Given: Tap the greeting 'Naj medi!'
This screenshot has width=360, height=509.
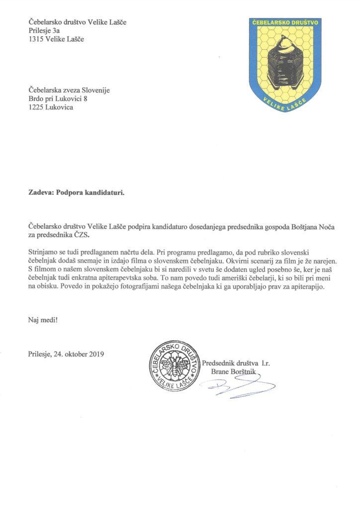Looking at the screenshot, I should click(43, 319).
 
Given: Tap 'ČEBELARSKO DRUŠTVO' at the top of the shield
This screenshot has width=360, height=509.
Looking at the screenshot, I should click(287, 22).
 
